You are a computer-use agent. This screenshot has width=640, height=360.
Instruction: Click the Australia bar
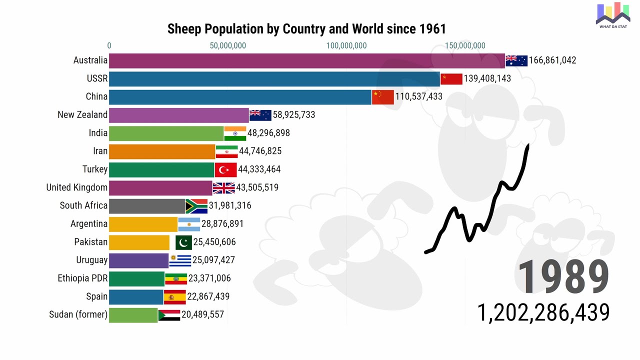306,60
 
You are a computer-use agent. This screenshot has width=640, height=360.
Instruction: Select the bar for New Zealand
178,115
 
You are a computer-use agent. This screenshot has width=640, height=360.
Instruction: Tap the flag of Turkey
225,169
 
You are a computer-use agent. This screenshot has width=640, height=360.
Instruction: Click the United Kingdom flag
223,188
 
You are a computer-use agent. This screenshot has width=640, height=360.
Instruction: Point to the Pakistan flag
183,242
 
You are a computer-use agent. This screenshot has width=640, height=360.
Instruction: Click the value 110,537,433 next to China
419,96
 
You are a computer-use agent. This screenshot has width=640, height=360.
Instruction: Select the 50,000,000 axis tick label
227,45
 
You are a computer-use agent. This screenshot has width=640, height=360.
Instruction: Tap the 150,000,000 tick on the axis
465,45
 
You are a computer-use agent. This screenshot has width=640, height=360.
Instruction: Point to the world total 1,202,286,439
543,312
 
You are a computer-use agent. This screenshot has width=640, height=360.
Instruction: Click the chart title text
306,28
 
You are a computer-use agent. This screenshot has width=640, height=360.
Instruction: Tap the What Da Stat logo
612,15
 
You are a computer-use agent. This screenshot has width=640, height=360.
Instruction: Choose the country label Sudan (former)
78,314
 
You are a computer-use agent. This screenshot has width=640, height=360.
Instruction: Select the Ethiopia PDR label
82,278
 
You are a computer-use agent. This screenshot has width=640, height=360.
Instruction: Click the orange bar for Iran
162,151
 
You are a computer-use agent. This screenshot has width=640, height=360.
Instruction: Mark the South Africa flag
196,206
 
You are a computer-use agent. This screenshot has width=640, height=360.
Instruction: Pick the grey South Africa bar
146,206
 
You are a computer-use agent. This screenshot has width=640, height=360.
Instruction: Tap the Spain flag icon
174,297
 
